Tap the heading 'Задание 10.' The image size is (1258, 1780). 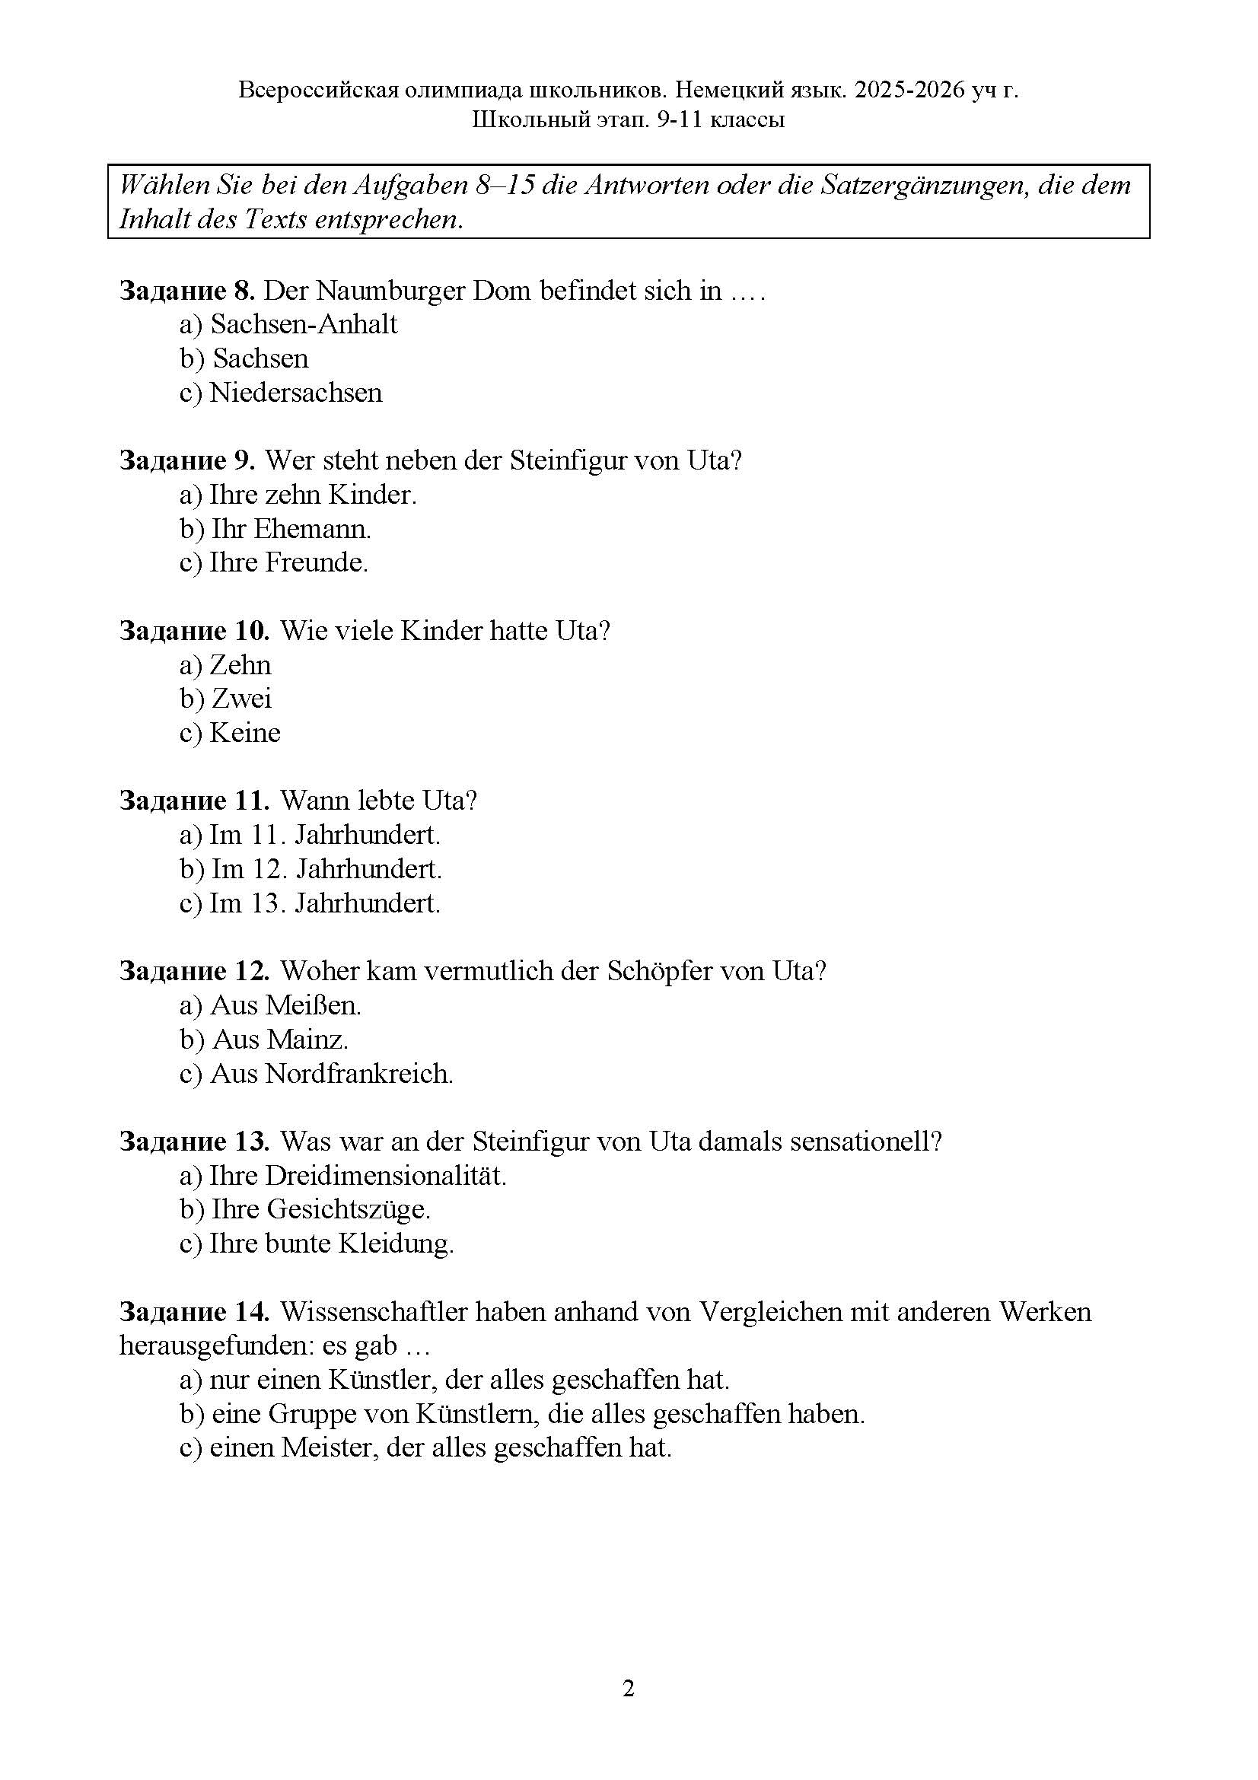click(x=195, y=631)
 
